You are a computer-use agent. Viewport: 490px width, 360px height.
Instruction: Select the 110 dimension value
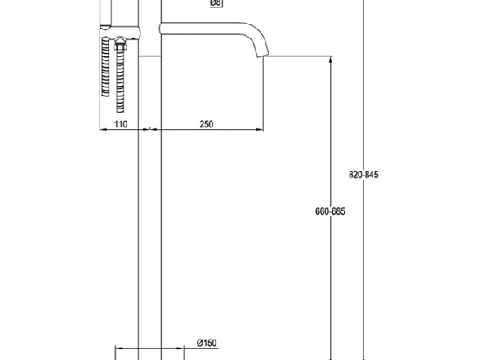coord(120,124)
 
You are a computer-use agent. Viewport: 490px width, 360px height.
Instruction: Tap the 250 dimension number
coord(206,124)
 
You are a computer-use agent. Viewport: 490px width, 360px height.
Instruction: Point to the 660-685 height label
coord(331,211)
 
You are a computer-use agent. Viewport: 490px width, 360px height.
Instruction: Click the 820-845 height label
coord(363,175)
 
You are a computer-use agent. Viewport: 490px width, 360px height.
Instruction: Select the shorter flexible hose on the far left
coord(105,69)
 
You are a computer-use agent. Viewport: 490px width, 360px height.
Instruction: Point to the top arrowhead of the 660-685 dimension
coord(331,60)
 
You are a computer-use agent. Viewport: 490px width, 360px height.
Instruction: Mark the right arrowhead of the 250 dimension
coord(261,129)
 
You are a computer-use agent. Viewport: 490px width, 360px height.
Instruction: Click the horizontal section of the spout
coord(204,29)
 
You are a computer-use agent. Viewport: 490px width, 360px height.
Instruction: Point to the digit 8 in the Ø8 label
coord(219,4)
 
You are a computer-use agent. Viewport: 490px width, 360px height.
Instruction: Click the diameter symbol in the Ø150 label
coord(198,343)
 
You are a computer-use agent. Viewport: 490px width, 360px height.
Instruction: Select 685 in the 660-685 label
coord(339,211)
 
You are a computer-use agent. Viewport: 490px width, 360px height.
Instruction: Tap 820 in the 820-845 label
coord(355,175)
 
